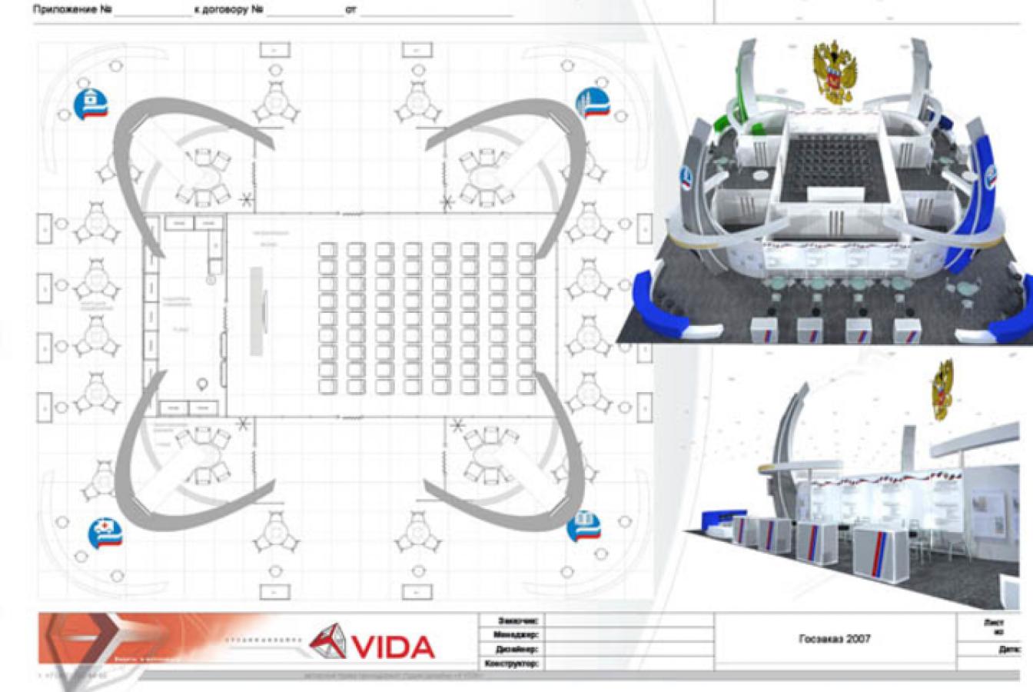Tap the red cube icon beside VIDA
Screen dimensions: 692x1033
point(328,641)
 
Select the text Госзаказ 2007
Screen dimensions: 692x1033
point(835,638)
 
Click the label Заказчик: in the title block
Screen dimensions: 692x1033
point(518,620)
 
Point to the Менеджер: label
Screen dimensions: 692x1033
point(516,634)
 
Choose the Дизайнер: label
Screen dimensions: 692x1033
point(516,649)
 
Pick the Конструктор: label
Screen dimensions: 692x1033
point(512,663)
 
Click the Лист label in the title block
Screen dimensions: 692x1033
point(993,623)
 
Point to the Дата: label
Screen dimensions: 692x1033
point(1009,650)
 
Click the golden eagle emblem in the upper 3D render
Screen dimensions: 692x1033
point(835,73)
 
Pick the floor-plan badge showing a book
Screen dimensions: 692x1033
point(584,527)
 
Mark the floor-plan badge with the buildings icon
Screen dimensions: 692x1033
point(593,103)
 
